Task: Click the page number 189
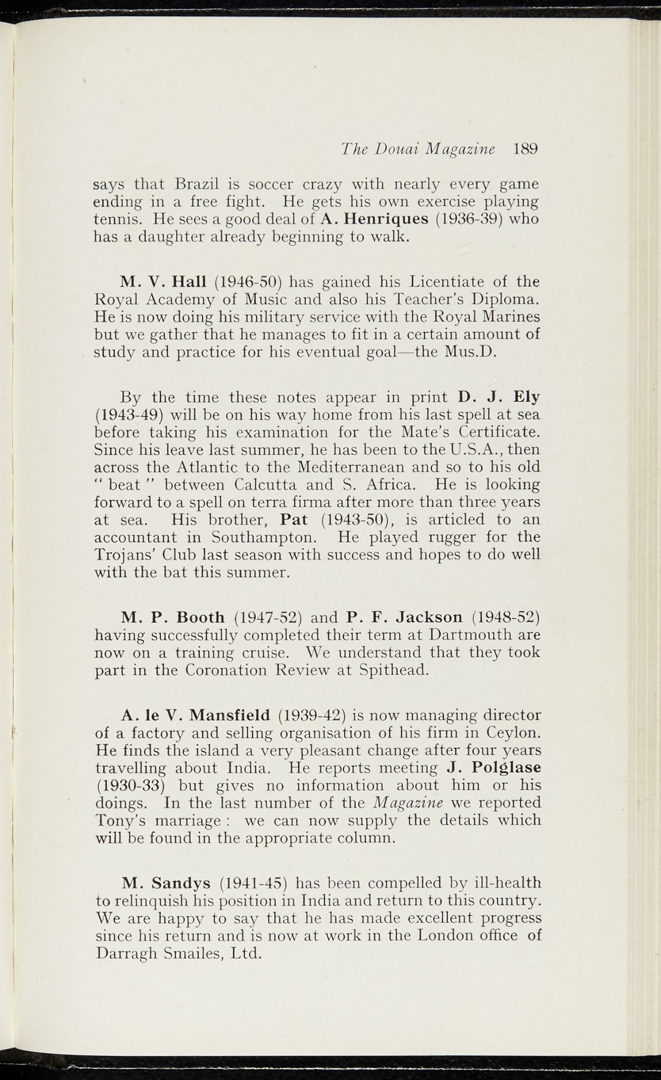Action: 525,149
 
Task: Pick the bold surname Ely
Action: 526,397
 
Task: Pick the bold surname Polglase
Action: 507,768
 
